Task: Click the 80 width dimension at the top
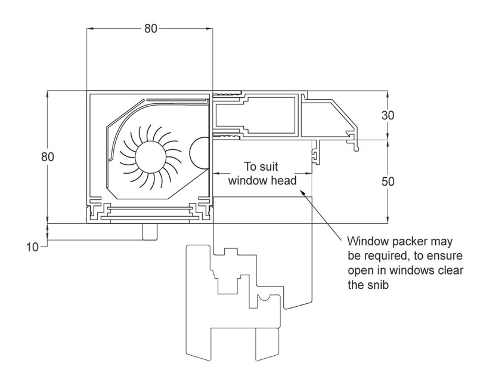pos(150,28)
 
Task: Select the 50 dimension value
pos(388,181)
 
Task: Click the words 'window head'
pos(262,180)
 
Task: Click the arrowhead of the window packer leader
pos(305,194)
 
